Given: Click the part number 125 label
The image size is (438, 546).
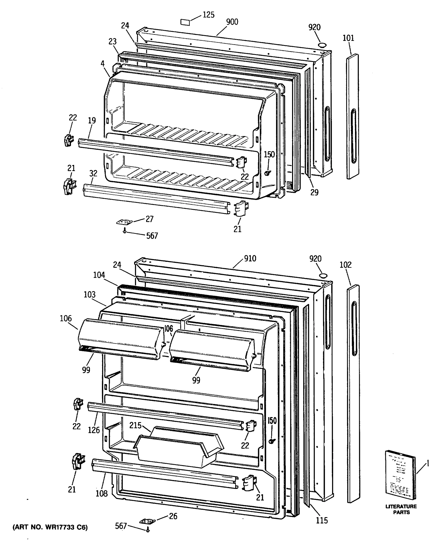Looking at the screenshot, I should (208, 15).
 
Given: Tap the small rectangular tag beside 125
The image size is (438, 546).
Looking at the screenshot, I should (185, 22).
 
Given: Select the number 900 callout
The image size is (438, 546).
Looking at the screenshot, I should (232, 22).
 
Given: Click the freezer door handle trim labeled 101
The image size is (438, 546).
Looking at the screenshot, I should (352, 116).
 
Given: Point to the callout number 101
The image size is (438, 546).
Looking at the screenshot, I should (348, 38).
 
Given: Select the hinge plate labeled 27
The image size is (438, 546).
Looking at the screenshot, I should (125, 222).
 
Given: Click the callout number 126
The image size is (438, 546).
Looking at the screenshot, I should (94, 430).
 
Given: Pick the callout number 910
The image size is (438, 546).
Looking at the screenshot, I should (250, 259).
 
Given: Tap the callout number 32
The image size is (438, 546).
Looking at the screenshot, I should (93, 174).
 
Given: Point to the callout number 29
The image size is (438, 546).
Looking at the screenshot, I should (314, 192).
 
